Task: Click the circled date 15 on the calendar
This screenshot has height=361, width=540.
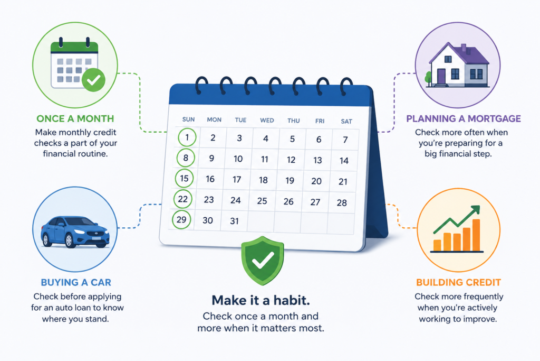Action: pyautogui.click(x=184, y=179)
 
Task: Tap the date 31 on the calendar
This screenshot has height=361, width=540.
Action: pyautogui.click(x=234, y=221)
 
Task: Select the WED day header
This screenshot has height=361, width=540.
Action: pyautogui.click(x=267, y=120)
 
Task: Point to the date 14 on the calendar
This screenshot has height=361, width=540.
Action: pyautogui.click(x=344, y=161)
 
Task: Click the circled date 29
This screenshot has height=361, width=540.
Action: pyautogui.click(x=181, y=219)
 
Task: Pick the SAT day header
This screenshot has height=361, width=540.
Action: pyautogui.click(x=346, y=121)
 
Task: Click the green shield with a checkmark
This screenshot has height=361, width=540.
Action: pyautogui.click(x=263, y=261)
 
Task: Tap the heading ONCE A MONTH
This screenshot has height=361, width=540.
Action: pyautogui.click(x=75, y=118)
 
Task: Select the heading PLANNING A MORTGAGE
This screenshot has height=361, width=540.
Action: pyautogui.click(x=463, y=118)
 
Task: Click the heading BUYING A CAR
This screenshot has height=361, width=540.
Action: pyautogui.click(x=76, y=282)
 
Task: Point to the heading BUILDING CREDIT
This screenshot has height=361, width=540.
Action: pyautogui.click(x=458, y=282)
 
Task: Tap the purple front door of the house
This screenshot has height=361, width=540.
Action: pyautogui.click(x=441, y=76)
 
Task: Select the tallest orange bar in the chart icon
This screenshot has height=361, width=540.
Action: pyautogui.click(x=476, y=235)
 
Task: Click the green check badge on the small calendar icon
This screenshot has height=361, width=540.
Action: pyautogui.click(x=94, y=80)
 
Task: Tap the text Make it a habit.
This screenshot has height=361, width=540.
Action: pyautogui.click(x=261, y=300)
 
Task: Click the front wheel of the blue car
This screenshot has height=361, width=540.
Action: pyautogui.click(x=69, y=240)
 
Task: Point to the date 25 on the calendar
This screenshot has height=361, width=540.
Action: pyautogui.click(x=262, y=201)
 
